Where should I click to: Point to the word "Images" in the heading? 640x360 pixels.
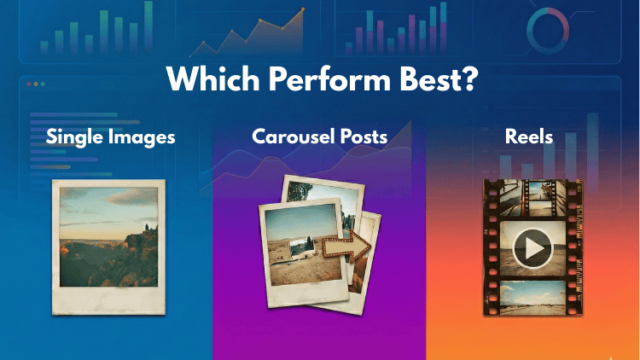tap(143, 136)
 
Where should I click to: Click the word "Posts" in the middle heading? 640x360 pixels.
tap(363, 136)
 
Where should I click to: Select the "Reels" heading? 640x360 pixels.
tap(530, 136)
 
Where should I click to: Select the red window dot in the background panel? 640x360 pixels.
tap(31, 84)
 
